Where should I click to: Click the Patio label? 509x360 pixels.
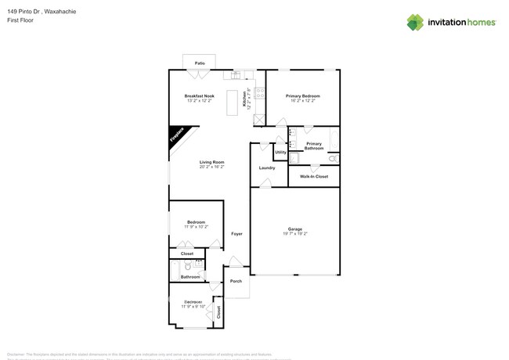tap(200, 62)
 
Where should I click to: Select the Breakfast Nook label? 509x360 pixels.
tap(200, 96)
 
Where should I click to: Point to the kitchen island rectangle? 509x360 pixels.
tap(232, 103)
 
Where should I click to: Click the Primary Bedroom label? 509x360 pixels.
tap(302, 96)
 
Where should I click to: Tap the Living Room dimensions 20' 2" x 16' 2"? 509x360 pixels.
tap(211, 167)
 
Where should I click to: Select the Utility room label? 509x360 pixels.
tap(280, 152)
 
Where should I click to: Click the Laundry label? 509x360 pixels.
tap(267, 167)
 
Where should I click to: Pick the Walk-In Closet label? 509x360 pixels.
tap(314, 176)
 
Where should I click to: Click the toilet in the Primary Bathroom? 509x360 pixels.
tap(332, 159)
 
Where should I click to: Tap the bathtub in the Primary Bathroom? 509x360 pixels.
tap(335, 141)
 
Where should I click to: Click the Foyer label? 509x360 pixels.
tap(236, 234)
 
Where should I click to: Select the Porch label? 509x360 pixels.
tap(236, 282)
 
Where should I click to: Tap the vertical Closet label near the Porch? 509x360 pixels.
tap(218, 311)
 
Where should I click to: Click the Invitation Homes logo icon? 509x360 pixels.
tap(415, 23)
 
